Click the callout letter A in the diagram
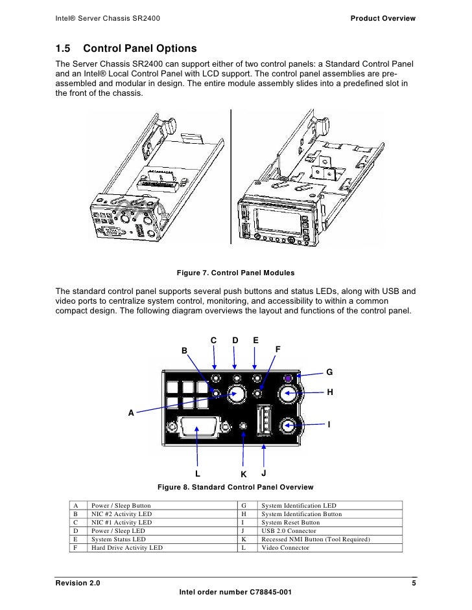132,412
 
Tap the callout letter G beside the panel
329,372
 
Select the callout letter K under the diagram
244,473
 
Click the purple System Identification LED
289,378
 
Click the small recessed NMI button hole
243,426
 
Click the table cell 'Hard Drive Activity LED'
127,548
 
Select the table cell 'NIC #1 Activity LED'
121,523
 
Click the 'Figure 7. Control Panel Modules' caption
235,273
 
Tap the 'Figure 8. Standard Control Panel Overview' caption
235,487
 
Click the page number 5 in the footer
414,584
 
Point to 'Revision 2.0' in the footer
78,584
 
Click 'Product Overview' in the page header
383,17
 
